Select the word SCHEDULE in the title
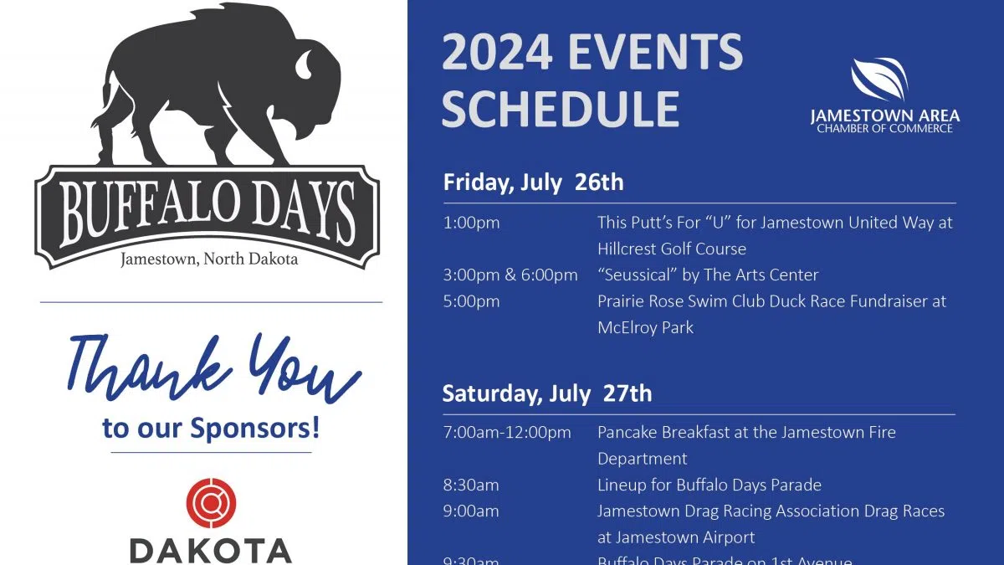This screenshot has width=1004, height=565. tap(561, 108)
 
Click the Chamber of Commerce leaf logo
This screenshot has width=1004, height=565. tap(879, 80)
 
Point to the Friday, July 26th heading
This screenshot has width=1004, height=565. tap(533, 182)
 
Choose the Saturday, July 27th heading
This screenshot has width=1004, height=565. tap(546, 393)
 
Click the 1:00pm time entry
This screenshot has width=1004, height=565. tap(471, 223)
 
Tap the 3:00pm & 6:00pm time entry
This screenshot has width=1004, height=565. tap(510, 275)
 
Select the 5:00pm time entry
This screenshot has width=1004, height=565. tap(471, 301)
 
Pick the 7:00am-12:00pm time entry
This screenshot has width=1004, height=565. tap(507, 432)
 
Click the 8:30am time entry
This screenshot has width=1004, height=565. tap(471, 485)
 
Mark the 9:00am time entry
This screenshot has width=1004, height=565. tap(471, 511)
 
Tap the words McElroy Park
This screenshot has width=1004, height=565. tap(645, 327)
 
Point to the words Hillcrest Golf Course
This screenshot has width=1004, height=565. tap(671, 249)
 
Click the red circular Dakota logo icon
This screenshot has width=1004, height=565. tap(211, 502)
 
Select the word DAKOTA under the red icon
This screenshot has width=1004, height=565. tap(211, 550)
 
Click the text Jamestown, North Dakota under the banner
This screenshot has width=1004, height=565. tap(209, 259)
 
